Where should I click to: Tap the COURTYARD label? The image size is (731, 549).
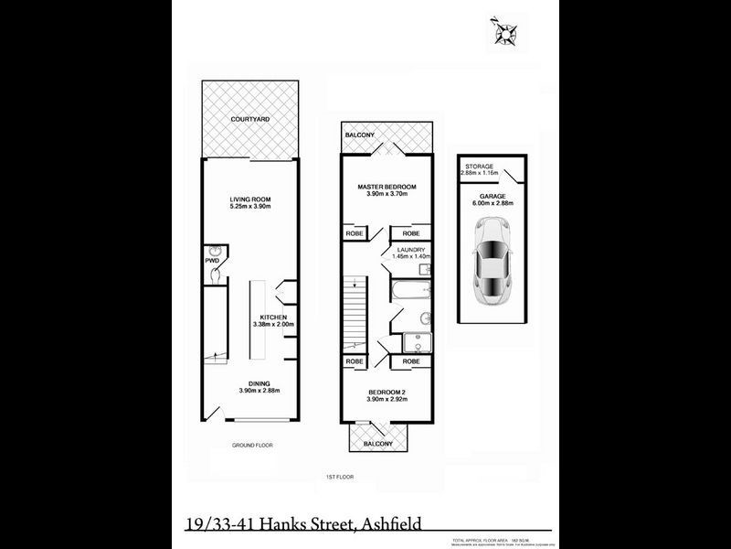[250, 120]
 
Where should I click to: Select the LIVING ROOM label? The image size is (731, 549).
[249, 199]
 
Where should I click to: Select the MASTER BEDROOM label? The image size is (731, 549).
[386, 186]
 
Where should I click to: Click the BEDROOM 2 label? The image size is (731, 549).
[386, 393]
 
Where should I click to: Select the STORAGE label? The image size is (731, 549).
[481, 166]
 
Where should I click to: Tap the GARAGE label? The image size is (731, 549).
[493, 195]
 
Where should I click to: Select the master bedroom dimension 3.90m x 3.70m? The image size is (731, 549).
[386, 194]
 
